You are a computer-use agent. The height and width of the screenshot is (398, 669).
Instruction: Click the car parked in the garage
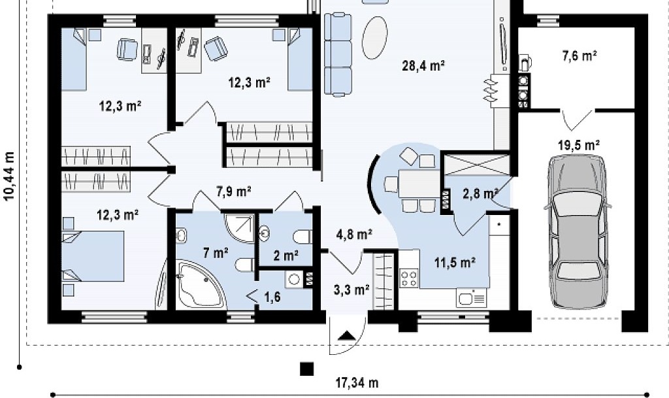578,231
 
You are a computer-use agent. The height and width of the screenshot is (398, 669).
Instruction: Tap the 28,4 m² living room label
423,66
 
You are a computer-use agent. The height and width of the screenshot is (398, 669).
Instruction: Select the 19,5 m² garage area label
579,146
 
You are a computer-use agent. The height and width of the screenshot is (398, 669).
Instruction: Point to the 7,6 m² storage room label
579,56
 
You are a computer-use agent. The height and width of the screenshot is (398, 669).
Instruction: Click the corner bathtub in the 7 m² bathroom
200,284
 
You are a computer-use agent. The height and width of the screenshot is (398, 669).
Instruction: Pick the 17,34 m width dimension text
357,383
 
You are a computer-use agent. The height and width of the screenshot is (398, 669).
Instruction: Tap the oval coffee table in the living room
374,37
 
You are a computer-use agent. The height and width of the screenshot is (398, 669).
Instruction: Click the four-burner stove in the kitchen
408,279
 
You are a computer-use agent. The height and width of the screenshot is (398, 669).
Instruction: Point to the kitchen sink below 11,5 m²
472,297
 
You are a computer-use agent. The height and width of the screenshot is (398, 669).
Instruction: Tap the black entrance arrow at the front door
347,335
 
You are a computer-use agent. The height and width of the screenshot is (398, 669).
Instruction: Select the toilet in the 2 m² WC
303,236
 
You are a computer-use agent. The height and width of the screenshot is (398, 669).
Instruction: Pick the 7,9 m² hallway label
233,191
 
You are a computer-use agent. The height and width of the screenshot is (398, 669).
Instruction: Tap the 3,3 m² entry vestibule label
351,290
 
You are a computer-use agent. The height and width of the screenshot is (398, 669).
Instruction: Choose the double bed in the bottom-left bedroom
93,256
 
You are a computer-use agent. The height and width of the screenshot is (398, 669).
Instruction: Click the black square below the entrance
306,369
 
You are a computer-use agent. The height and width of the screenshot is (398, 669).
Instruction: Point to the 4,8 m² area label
354,234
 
